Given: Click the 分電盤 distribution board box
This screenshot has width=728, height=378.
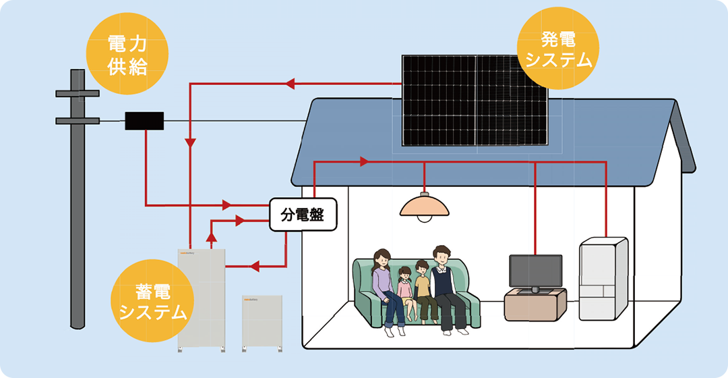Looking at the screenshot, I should coord(302,215).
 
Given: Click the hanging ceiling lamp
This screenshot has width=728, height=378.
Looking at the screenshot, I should coord(424,206).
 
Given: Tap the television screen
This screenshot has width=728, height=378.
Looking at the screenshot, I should coord(535,271).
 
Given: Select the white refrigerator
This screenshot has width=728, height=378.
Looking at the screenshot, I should coord(603,277).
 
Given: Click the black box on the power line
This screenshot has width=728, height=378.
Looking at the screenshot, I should coord(144,121).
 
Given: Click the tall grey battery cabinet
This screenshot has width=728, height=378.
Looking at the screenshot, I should coord(202,297).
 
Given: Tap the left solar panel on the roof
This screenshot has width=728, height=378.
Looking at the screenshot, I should coord(439,100).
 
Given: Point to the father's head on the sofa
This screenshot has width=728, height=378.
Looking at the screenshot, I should coord(442,256).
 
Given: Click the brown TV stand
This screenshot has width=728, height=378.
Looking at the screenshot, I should coord(535,304).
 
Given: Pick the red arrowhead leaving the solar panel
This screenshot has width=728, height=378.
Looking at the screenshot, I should coord(291,84).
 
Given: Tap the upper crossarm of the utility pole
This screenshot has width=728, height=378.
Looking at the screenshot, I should coord(77,93).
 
